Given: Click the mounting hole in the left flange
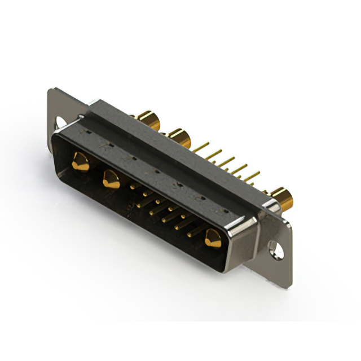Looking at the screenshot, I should click(x=59, y=121).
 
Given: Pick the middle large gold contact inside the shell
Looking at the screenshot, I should click(x=111, y=179).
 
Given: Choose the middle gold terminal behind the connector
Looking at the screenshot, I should click(x=178, y=137).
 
